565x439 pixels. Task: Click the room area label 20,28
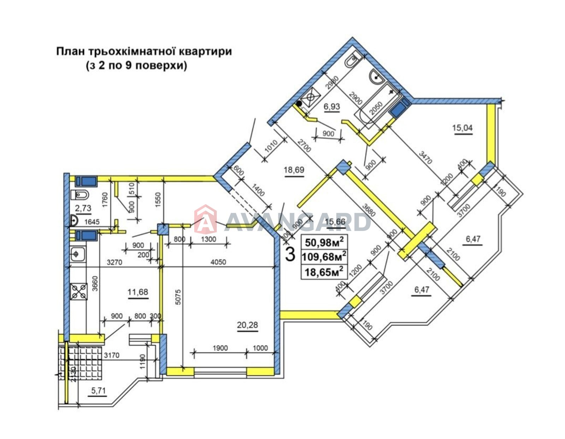pos(248,324)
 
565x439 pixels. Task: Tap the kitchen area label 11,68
pos(138,292)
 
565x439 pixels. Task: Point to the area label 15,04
pos(462,127)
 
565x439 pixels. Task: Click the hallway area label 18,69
pos(294,170)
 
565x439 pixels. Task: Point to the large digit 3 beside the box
pos(290,254)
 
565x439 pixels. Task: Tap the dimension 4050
pos(218,262)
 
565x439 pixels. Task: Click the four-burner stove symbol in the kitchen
pos(79,292)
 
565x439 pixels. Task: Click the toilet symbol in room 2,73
pos(80,195)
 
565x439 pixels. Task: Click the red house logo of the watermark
pos(206,220)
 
